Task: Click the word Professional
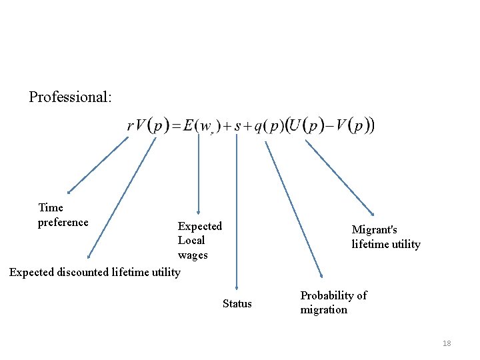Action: (70, 97)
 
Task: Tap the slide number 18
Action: (447, 343)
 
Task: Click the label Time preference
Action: (63, 215)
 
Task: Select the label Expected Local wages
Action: (199, 241)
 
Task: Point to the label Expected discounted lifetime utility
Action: (95, 272)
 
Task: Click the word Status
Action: (237, 304)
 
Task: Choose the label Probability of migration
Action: (333, 303)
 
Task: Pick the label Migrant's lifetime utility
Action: (386, 237)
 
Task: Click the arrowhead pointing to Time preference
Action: (69, 191)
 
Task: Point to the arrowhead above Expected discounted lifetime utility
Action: (89, 255)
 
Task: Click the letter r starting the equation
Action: (130, 126)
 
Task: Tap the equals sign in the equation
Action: (177, 127)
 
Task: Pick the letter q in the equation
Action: (258, 127)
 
